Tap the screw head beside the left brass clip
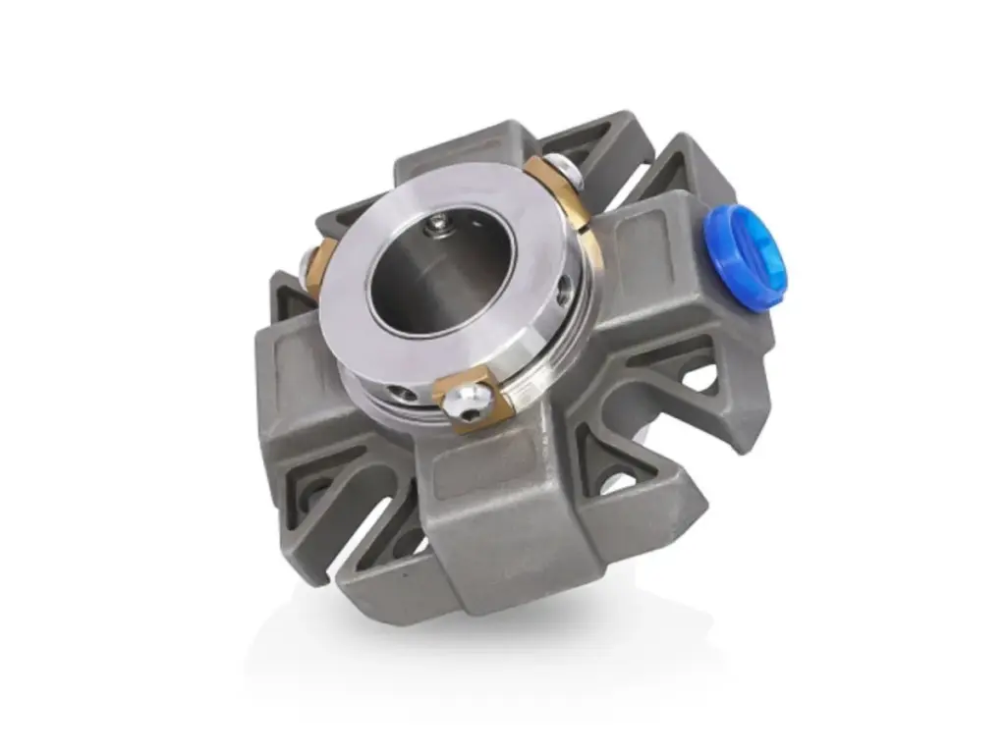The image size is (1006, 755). tap(307, 263)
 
